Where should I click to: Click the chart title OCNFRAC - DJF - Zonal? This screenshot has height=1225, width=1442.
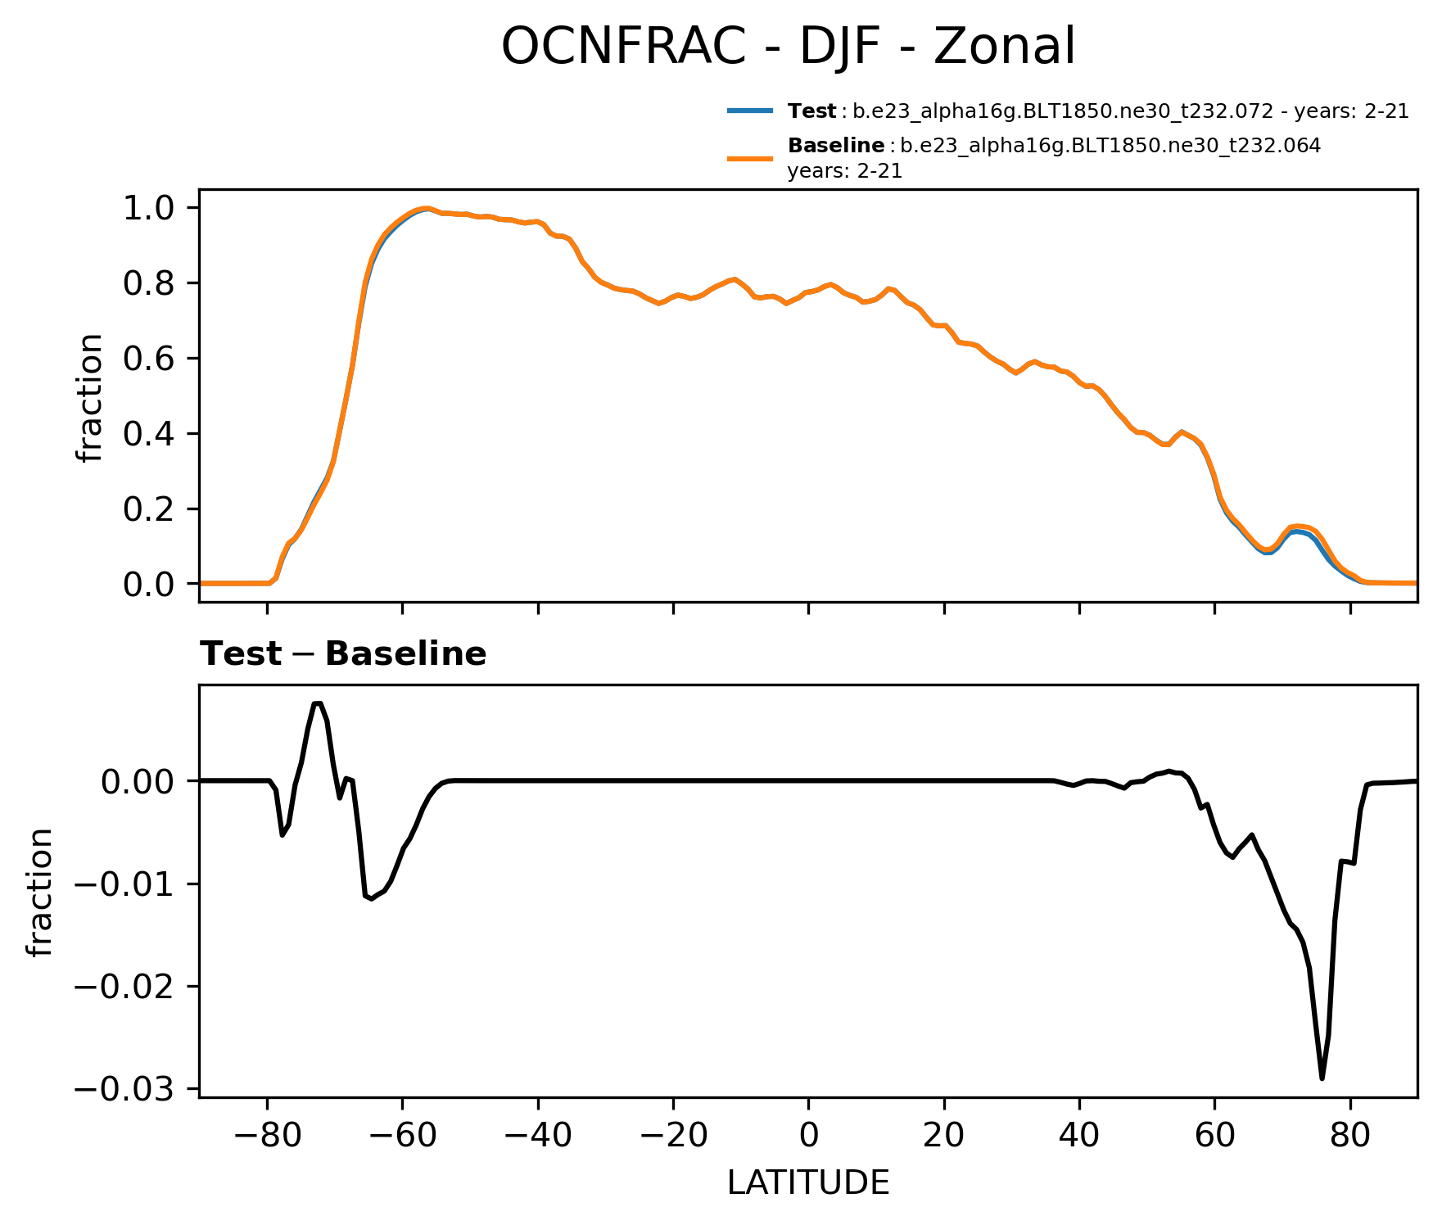[788, 47]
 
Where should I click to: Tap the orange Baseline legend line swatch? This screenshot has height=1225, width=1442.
[749, 158]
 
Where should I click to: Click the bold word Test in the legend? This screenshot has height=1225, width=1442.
[811, 111]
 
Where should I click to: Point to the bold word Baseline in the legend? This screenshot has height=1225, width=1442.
[835, 147]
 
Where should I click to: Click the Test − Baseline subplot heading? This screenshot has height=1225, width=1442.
[343, 654]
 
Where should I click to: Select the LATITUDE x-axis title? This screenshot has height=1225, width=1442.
[808, 1183]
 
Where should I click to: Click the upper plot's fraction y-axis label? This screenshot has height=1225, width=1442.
[90, 397]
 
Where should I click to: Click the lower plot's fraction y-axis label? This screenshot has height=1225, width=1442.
[40, 892]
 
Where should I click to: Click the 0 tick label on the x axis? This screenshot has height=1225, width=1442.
[808, 1139]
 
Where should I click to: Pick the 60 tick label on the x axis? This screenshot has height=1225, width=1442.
[1215, 1139]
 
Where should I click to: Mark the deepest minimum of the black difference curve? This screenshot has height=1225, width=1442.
[1322, 1078]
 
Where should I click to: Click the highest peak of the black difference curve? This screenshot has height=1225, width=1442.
[318, 703]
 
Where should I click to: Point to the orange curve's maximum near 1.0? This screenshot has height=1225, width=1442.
[426, 208]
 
